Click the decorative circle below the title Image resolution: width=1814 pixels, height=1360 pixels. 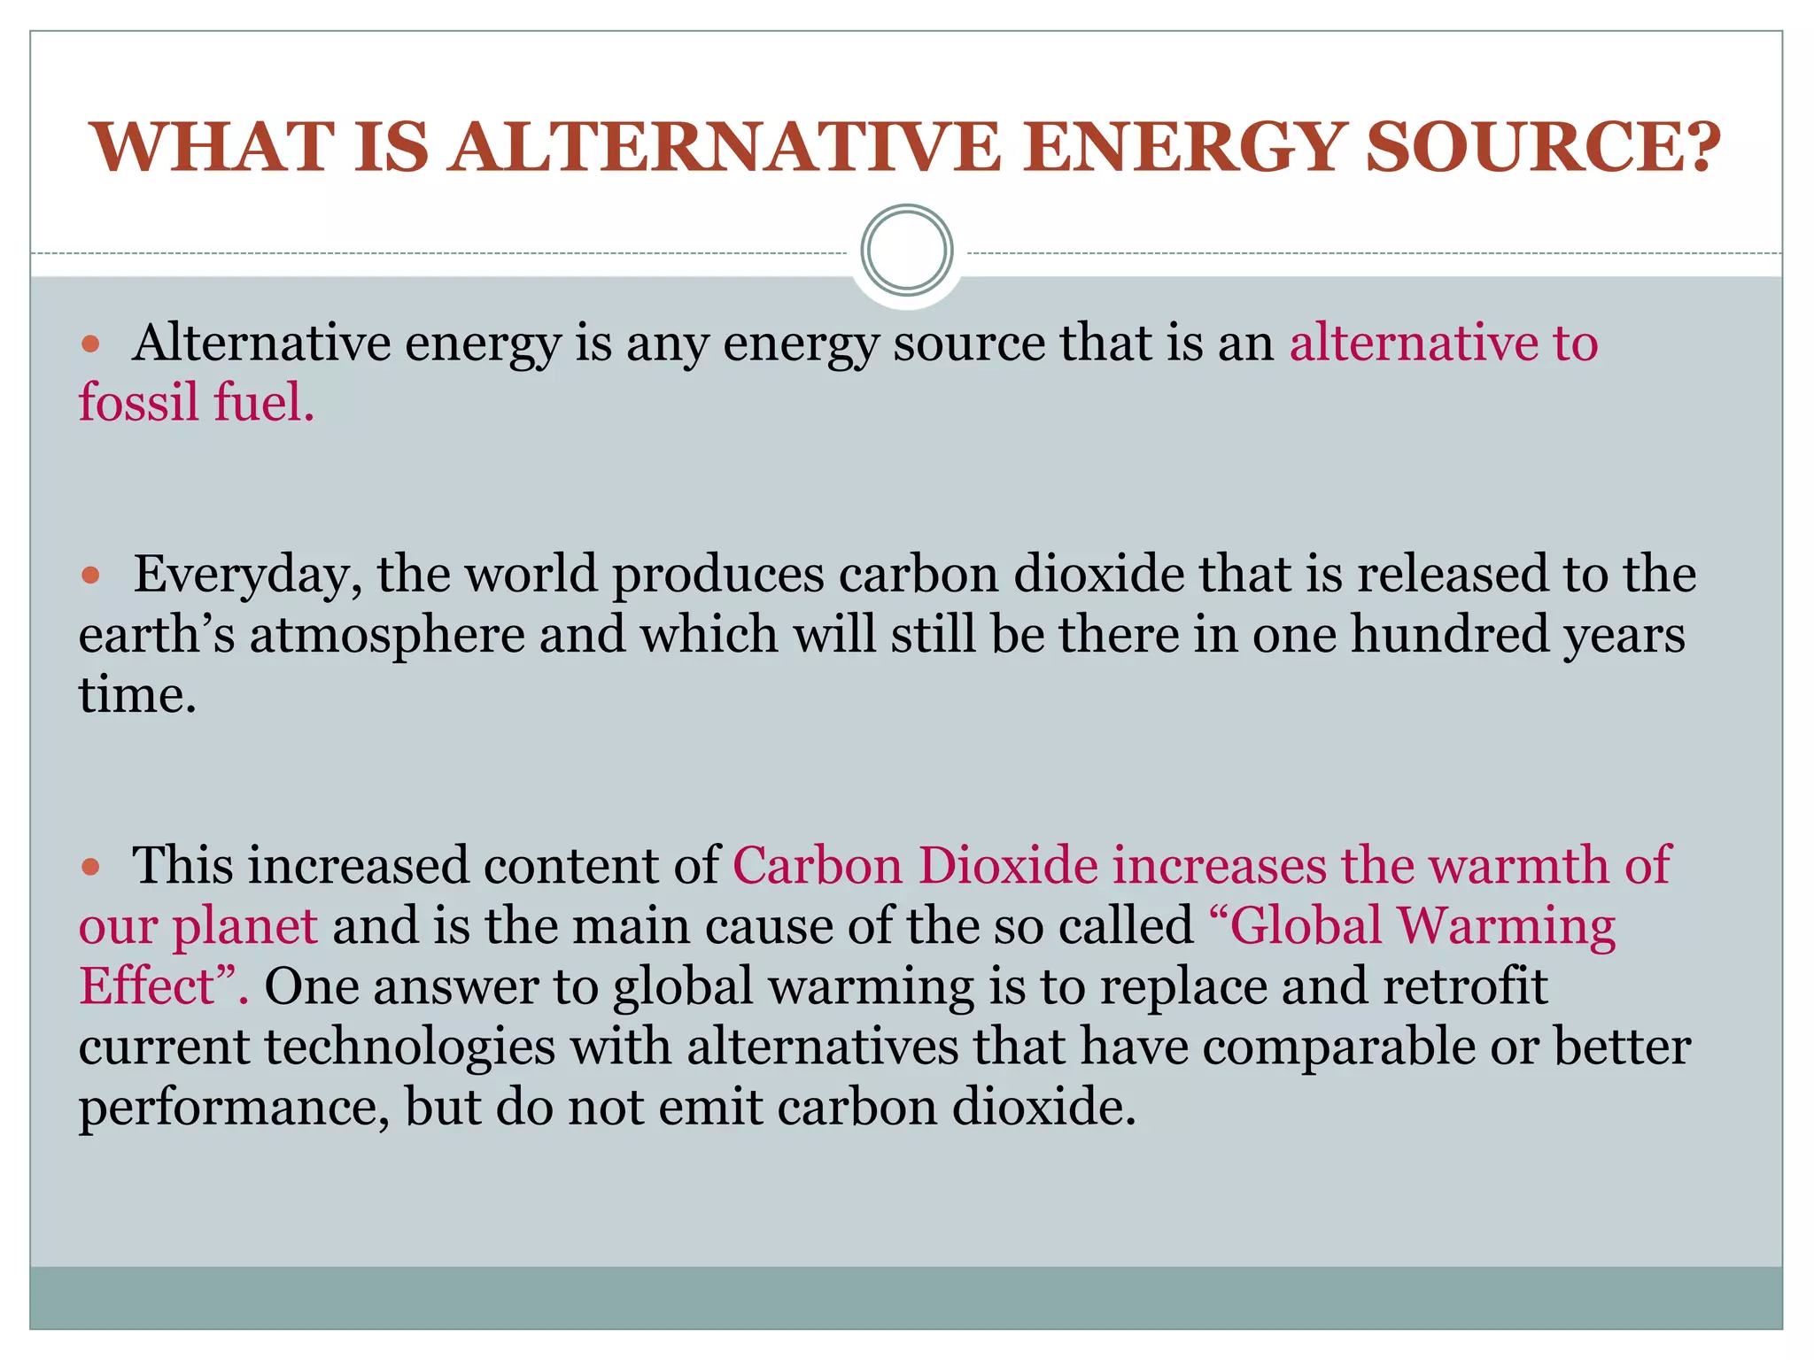click(x=906, y=251)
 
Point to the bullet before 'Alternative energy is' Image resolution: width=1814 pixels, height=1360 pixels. click(x=91, y=344)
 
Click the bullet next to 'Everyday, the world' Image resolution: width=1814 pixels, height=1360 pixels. click(x=91, y=576)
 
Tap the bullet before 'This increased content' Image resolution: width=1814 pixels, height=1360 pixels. click(x=91, y=867)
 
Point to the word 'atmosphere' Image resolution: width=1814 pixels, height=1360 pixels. click(x=387, y=636)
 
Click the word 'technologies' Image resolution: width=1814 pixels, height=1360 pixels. click(x=409, y=1047)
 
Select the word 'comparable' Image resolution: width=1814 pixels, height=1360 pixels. click(x=1338, y=1047)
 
